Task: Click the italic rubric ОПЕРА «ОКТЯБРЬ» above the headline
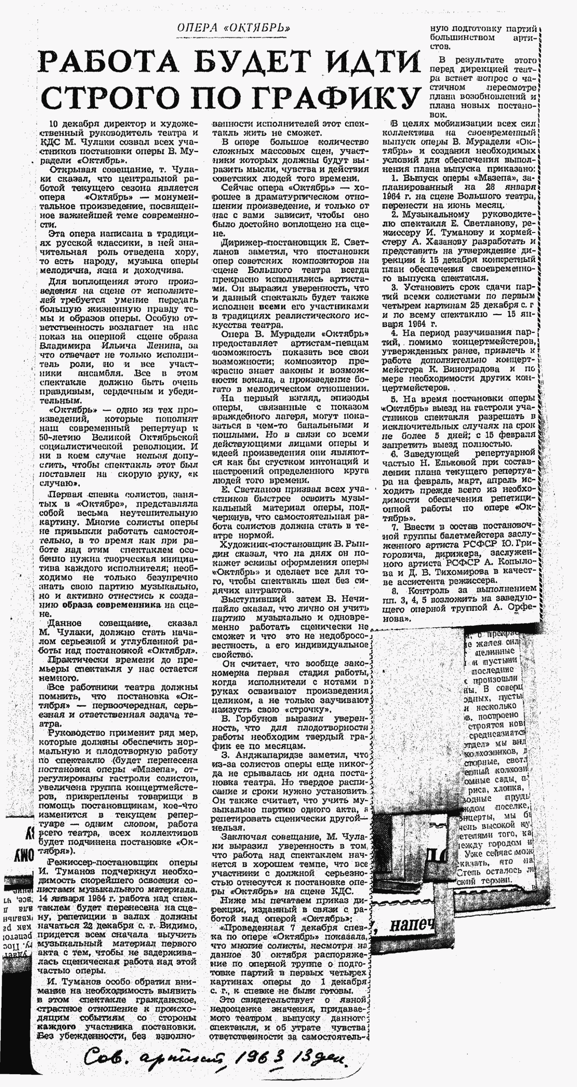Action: pyautogui.click(x=234, y=28)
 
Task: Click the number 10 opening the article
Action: pyautogui.click(x=54, y=124)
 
